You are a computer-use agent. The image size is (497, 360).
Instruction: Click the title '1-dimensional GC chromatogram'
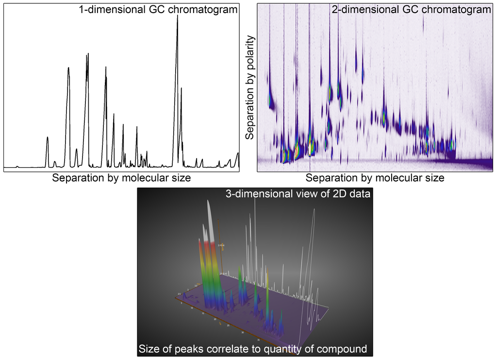point(158,9)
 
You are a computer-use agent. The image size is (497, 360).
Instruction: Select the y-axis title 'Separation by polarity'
point(250,87)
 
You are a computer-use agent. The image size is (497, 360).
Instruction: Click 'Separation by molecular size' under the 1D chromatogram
point(121,178)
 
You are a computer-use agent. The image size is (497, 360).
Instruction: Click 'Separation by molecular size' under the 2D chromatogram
point(375,178)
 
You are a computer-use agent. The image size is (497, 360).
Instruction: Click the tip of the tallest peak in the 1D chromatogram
point(177,16)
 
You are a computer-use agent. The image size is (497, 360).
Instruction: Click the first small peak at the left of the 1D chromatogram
point(17,166)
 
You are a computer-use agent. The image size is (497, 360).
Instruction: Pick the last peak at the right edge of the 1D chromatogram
point(238,154)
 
